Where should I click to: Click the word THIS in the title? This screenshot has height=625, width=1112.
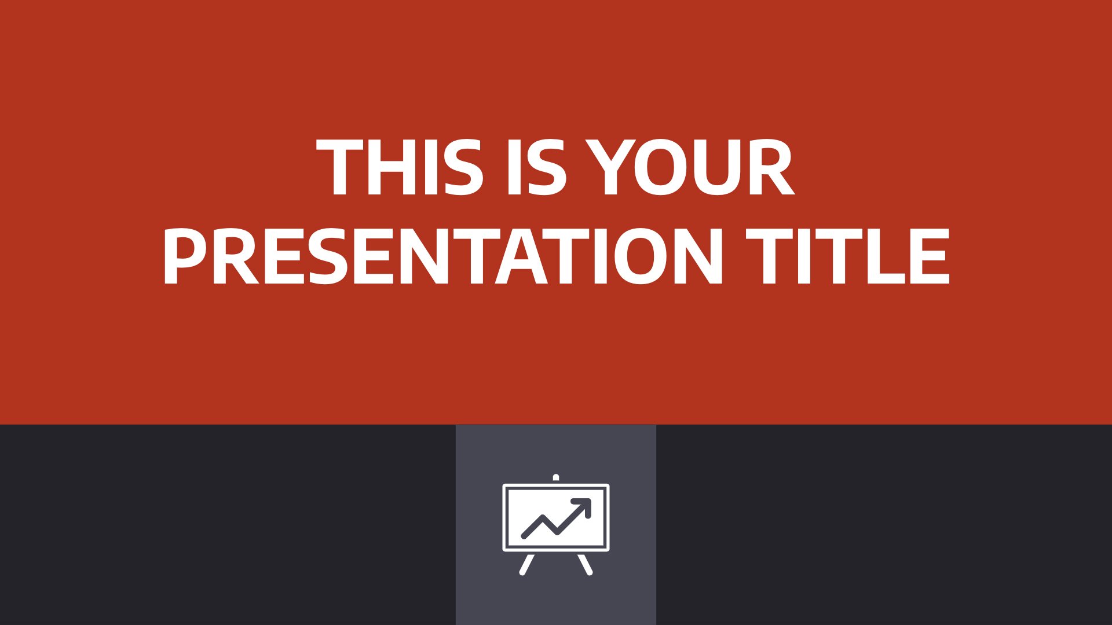(400, 168)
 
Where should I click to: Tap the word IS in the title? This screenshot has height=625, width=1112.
(536, 168)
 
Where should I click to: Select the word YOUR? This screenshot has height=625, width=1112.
(689, 168)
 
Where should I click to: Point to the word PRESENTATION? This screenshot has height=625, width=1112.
(444, 256)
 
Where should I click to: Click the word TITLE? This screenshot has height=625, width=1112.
(848, 256)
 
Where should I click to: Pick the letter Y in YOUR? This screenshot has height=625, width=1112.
(608, 168)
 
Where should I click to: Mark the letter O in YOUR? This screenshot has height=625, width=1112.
(659, 168)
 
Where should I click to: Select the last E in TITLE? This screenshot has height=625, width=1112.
(932, 256)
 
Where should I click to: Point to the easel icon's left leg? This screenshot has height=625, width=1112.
(526, 564)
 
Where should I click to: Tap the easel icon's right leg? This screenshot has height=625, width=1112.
(586, 564)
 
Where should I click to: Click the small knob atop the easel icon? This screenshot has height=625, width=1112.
(556, 478)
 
